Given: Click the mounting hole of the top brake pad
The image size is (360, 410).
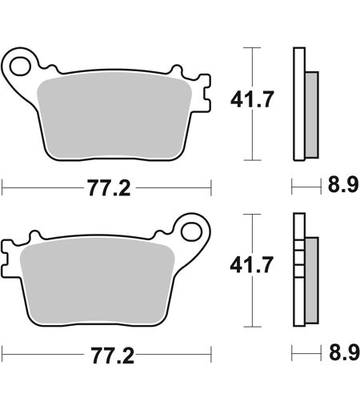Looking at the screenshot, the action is point(19,66).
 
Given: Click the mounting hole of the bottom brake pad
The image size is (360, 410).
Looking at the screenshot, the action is point(191,231).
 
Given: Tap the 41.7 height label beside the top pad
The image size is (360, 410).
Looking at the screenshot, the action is point(252,99).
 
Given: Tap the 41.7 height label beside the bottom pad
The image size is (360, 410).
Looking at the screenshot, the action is point(252,264).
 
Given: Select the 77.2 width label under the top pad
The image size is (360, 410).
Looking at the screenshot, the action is point(110,188).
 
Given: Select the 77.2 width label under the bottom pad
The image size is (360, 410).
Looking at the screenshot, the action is point(113,356).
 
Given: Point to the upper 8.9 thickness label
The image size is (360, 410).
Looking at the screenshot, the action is point(342,185).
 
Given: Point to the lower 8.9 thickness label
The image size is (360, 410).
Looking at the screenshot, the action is point(344,352).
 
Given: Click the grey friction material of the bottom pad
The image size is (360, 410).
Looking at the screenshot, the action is point(97,283).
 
